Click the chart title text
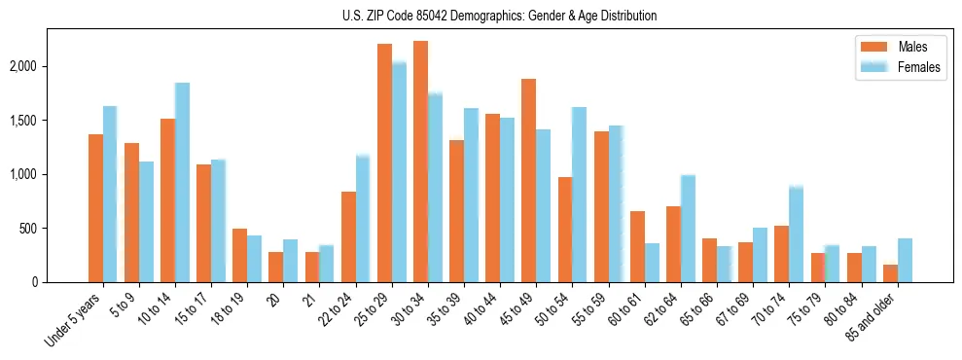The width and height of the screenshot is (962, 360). click(x=500, y=16)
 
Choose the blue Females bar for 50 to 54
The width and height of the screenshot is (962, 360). click(x=579, y=195)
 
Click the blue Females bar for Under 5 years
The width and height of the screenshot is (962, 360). click(x=110, y=195)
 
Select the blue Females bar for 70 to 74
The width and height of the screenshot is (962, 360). click(x=796, y=234)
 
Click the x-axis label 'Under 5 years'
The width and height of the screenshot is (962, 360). click(x=74, y=322)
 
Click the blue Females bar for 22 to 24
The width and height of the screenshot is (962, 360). click(x=363, y=219)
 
